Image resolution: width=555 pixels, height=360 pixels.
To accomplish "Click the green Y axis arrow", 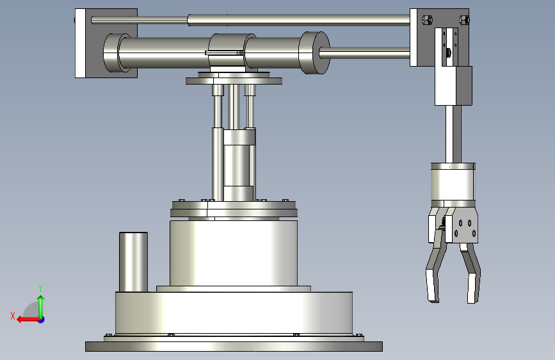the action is pyautogui.click(x=41, y=307).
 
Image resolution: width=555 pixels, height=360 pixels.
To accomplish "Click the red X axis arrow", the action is pyautogui.click(x=28, y=320).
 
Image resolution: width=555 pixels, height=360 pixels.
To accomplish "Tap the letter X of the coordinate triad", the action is pyautogui.click(x=13, y=316).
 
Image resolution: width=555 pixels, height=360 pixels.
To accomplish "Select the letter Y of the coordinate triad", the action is pyautogui.click(x=40, y=288).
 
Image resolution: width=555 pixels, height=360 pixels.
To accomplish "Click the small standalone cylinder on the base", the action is pyautogui.click(x=133, y=262).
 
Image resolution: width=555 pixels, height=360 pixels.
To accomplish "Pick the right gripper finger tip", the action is pyautogui.click(x=472, y=288).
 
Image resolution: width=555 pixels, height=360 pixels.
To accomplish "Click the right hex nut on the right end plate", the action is pyautogui.click(x=464, y=19).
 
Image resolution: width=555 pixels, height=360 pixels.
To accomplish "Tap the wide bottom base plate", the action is pyautogui.click(x=234, y=347).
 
